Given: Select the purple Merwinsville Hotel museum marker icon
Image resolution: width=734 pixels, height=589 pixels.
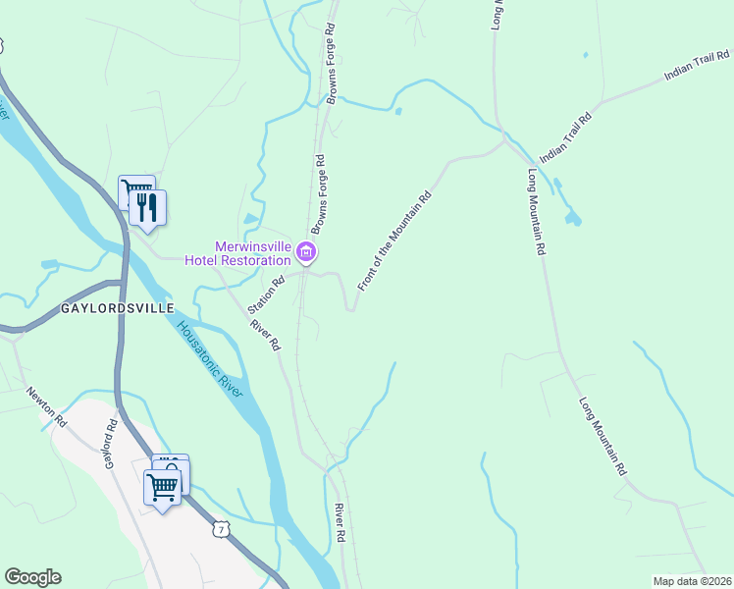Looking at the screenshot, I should (306, 254).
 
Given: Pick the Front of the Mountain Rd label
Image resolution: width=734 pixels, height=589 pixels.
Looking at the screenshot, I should (394, 241).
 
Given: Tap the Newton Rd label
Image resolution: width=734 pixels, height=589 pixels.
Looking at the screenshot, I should (47, 407).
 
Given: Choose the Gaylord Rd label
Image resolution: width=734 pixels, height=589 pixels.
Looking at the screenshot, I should (113, 445).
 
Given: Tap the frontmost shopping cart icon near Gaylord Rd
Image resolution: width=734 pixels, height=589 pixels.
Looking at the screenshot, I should (163, 485).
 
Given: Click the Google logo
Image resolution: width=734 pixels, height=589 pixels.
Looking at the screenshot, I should (32, 577).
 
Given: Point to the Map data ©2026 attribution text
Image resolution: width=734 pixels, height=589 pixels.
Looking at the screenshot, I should (692, 581).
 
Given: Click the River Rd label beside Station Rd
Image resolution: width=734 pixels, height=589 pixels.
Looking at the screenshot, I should (265, 335).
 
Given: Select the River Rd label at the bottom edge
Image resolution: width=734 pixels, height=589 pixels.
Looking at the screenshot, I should (340, 523).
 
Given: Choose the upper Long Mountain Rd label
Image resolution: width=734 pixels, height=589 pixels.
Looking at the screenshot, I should (536, 213).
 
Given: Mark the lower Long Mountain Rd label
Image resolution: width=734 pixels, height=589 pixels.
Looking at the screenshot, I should (602, 437).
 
